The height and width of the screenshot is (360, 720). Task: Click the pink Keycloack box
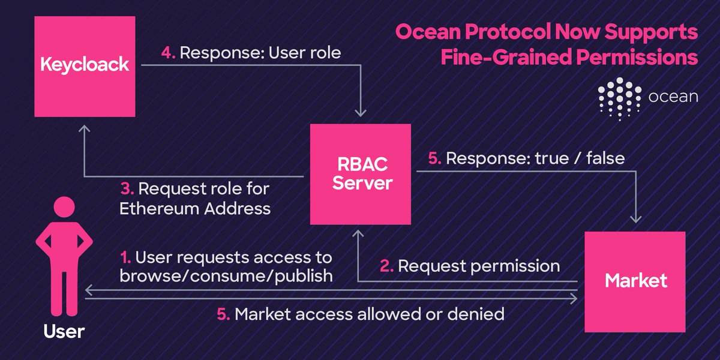[x=85, y=66]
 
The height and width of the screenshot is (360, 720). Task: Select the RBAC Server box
[x=360, y=175]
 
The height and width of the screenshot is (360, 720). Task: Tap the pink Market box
[x=636, y=281]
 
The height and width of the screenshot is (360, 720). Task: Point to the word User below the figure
[x=64, y=331]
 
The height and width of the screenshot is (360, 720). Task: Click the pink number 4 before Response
[x=167, y=53]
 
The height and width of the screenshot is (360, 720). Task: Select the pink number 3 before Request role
[x=126, y=189]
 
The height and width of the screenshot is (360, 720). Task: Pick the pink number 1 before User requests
[x=125, y=259]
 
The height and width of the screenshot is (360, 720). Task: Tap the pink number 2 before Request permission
[x=388, y=266]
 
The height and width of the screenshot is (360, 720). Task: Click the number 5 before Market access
[x=223, y=314]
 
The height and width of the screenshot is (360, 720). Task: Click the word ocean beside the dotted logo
[x=673, y=96]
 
